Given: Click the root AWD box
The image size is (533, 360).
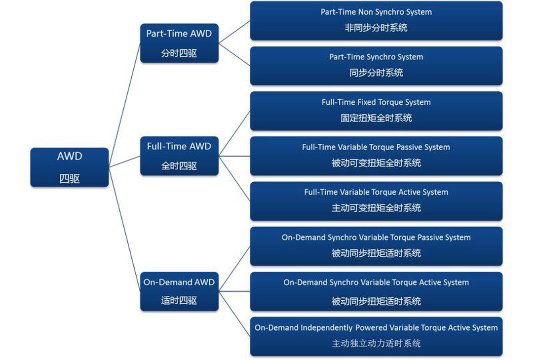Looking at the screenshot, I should click(x=69, y=167).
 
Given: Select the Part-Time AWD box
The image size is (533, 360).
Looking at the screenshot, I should click(x=179, y=43).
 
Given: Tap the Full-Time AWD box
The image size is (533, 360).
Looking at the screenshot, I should click(x=179, y=156).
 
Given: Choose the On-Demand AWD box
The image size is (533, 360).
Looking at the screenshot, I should click(x=179, y=291).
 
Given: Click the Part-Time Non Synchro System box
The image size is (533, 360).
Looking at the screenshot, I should click(x=376, y=21).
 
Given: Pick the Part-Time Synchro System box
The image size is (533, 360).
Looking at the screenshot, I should click(x=376, y=66).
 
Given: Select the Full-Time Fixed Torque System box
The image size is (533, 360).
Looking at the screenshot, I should click(x=376, y=111).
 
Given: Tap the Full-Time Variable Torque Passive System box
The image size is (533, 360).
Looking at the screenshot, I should click(x=376, y=156).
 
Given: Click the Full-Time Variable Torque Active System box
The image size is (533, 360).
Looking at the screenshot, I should click(x=376, y=201).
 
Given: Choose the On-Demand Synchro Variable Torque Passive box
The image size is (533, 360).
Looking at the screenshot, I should click(x=376, y=246).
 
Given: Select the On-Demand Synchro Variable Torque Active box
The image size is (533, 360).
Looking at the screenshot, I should click(x=376, y=291).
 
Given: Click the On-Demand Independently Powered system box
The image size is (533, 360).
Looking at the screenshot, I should click(x=376, y=336).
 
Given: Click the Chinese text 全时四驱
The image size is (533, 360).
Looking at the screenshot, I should click(x=179, y=166).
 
